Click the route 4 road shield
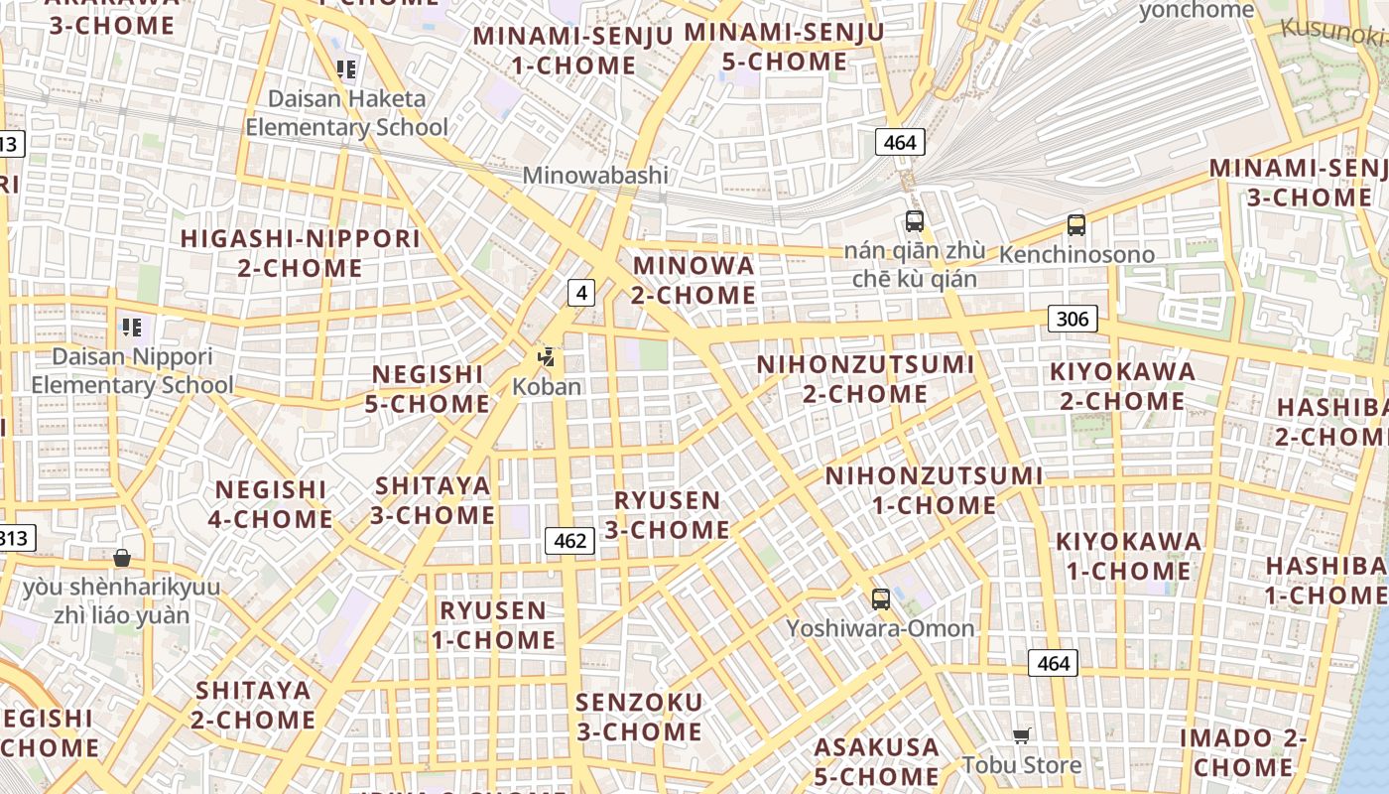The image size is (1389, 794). click(581, 293)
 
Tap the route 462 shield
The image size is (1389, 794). click(569, 541)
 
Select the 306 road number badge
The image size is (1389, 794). click(1073, 319)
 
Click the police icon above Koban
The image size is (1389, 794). click(546, 357)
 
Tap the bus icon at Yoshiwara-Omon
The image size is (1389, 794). click(880, 598)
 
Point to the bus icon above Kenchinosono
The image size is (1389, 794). click(1076, 224)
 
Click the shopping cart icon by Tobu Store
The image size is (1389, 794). click(1022, 735)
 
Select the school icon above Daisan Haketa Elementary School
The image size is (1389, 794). click(346, 69)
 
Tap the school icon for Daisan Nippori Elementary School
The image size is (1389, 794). click(131, 327)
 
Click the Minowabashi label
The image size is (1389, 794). click(595, 176)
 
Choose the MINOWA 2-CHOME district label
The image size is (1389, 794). click(694, 281)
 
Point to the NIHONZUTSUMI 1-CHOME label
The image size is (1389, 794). click(934, 490)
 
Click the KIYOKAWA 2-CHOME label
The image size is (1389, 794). click(1122, 387)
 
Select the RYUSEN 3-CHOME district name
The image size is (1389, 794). click(668, 515)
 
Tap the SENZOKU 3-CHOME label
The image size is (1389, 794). click(639, 718)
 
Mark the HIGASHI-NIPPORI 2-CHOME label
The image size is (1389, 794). click(300, 253)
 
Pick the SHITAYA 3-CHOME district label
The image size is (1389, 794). click(433, 500)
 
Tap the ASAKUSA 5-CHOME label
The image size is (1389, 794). click(876, 761)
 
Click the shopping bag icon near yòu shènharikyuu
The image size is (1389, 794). click(122, 558)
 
